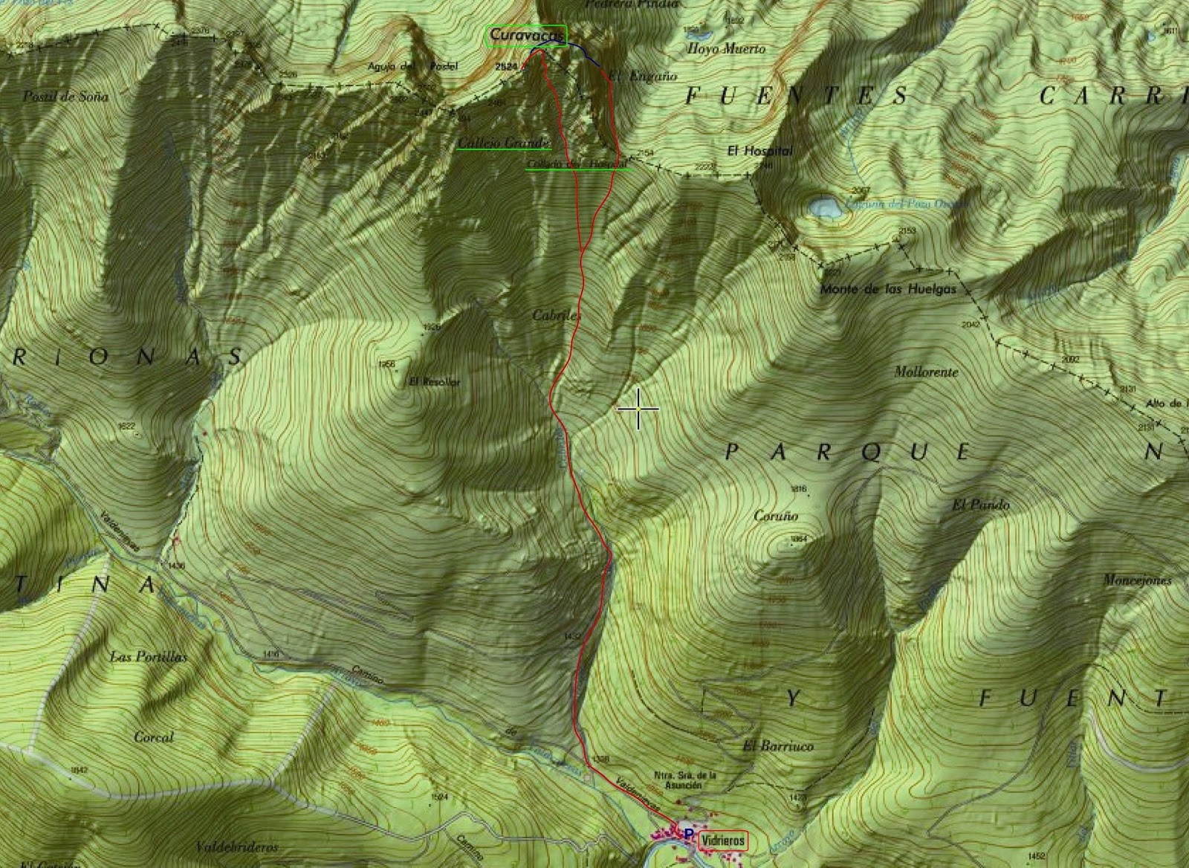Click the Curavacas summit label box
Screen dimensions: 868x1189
[526, 36]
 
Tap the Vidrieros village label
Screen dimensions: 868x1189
[723, 840]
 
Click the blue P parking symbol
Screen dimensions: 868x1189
[688, 835]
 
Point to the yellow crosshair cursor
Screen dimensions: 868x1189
[638, 409]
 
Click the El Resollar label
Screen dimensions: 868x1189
[435, 382]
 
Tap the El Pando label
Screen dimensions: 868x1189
[981, 505]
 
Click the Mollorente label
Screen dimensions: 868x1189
[926, 372]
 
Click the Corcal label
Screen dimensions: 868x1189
[154, 737]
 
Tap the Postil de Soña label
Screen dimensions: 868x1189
[65, 97]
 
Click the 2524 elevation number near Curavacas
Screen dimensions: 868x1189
[505, 67]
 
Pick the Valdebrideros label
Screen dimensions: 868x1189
[237, 847]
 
